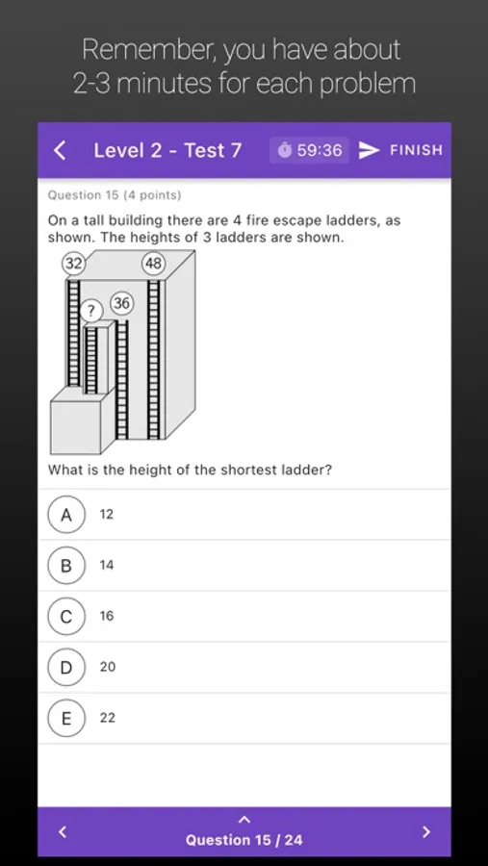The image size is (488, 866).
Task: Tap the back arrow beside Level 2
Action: click(x=60, y=150)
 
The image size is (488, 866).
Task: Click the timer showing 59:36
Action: click(x=310, y=150)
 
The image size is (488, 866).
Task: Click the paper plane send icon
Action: click(x=370, y=150)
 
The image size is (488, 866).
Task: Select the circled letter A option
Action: click(x=66, y=515)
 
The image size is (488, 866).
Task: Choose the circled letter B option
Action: click(x=66, y=566)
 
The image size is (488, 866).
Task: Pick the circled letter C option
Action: click(x=66, y=617)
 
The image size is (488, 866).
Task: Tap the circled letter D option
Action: click(x=66, y=667)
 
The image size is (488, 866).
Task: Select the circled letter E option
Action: click(x=66, y=718)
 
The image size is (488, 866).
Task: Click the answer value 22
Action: click(x=107, y=718)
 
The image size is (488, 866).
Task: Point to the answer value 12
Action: click(x=106, y=515)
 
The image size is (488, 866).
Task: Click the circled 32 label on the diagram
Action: click(x=73, y=264)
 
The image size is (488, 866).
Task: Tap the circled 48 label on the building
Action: click(x=154, y=264)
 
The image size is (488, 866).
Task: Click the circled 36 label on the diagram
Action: click(x=122, y=303)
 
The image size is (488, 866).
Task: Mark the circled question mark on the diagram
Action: click(x=91, y=312)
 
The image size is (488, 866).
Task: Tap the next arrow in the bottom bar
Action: click(x=425, y=831)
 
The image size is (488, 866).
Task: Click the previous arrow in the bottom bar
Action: click(x=63, y=831)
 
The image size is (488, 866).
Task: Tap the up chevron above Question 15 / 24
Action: click(x=244, y=820)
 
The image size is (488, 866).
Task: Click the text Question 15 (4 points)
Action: click(x=115, y=195)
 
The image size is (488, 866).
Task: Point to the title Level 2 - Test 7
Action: click(x=167, y=150)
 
